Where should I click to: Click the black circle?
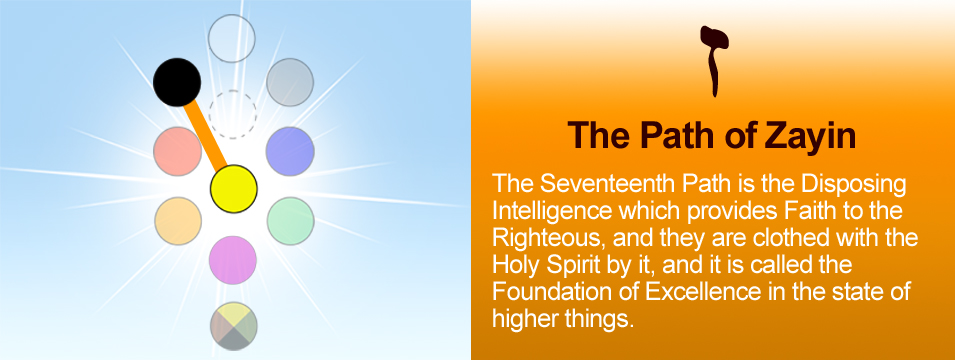(x=177, y=82)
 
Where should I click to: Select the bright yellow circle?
(x=234, y=189)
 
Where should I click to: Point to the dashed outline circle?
(x=233, y=115)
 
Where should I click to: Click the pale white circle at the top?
(x=231, y=38)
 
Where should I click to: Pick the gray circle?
(x=290, y=82)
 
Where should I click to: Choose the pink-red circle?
(x=177, y=151)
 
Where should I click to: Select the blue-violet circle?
(x=290, y=151)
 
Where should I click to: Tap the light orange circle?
(x=178, y=221)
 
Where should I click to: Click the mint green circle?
(x=291, y=221)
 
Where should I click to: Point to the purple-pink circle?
(x=233, y=260)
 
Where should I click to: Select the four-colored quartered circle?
(x=234, y=326)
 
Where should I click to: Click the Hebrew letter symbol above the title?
(x=714, y=61)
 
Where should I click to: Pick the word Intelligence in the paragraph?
(x=551, y=211)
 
